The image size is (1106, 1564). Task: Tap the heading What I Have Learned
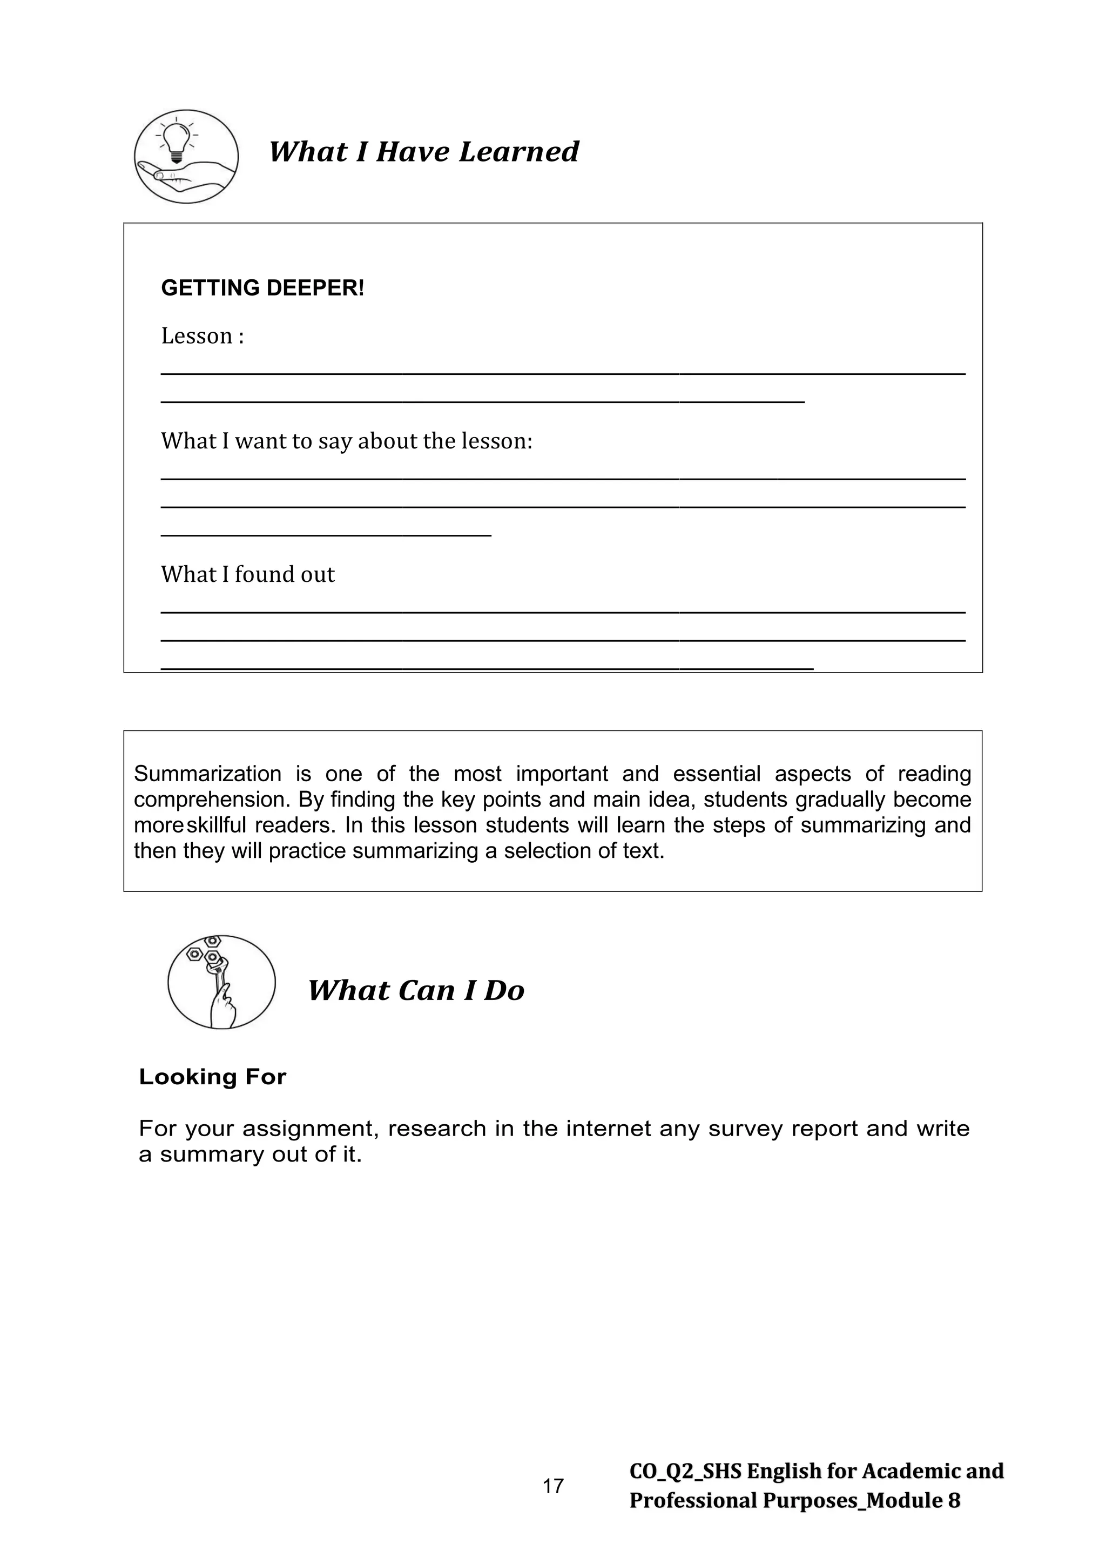423,151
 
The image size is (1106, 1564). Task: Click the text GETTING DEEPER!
262,288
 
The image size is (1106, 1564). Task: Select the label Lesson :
203,336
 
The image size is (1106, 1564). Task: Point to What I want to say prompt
346,441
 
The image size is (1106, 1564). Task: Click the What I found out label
247,574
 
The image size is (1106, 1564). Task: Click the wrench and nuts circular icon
221,982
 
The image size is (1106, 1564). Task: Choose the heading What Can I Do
415,990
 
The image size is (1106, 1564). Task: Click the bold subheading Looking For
212,1077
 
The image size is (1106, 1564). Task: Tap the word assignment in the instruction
310,1129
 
